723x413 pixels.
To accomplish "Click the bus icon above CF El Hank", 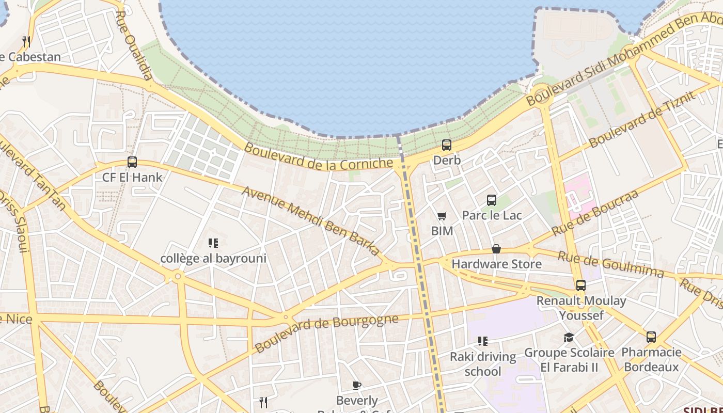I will (x=132, y=162).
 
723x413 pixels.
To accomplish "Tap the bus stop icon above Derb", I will (x=447, y=145).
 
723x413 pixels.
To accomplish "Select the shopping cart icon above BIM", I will (x=442, y=216).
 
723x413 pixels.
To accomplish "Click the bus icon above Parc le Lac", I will (x=492, y=200).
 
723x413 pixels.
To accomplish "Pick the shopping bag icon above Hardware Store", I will (x=496, y=249).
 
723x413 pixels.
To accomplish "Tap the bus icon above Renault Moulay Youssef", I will (x=581, y=285).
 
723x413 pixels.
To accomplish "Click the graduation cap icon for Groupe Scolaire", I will (x=569, y=337).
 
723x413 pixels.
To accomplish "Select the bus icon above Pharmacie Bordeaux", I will (x=651, y=337).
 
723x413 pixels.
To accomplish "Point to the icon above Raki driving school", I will (x=483, y=341).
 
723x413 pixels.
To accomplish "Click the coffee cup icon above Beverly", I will (x=357, y=385).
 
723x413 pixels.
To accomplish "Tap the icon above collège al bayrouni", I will (x=213, y=243).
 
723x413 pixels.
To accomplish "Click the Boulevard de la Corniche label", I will (x=318, y=156).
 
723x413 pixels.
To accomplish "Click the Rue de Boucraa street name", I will (x=595, y=213).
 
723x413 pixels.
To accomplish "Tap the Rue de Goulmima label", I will (x=611, y=264).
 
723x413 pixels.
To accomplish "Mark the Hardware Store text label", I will (x=497, y=264).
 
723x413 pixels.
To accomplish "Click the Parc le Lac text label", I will (x=492, y=215).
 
